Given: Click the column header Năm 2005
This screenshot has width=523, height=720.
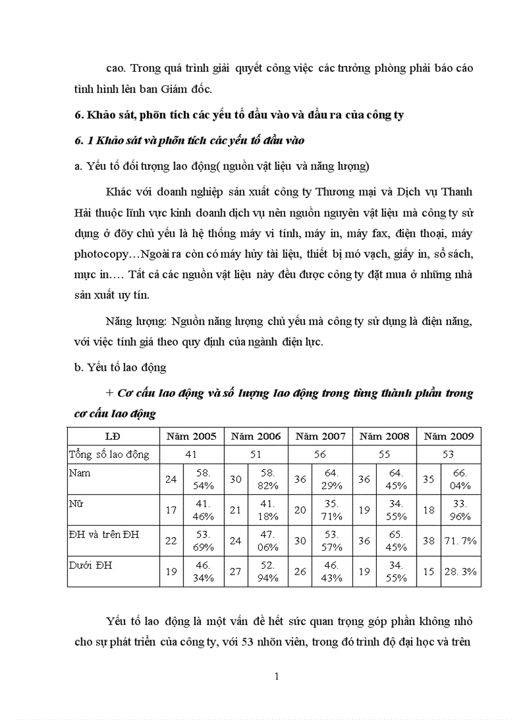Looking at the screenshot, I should point(192,436).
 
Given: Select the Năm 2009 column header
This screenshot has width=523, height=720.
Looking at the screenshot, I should point(449,436).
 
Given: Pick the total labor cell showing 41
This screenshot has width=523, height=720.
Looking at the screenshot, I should point(192,455).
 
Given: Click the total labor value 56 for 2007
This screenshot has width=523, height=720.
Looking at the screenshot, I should point(320,455).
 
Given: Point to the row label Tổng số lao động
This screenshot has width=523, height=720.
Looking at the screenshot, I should point(109,455).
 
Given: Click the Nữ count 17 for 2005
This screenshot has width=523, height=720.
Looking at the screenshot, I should point(171,510).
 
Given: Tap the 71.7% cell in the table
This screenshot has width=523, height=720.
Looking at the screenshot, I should point(460,540).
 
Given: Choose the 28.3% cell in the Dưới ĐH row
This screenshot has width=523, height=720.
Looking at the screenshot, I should point(460,571).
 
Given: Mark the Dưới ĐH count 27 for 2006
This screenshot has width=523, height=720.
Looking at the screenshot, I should point(235,571).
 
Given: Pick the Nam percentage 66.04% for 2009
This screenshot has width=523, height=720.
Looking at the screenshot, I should point(460,480).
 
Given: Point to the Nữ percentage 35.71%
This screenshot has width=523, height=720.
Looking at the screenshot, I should point(332,510).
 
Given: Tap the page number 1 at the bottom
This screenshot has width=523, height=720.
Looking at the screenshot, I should point(276,676).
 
